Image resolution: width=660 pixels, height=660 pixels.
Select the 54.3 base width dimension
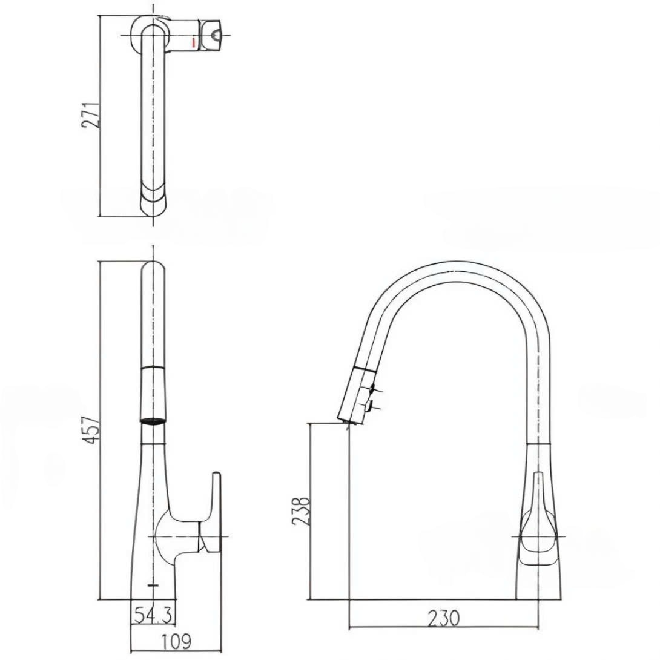coord(153,616)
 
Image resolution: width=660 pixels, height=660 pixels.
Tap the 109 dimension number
coord(177,640)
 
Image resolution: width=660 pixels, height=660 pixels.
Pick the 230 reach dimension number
coord(443,618)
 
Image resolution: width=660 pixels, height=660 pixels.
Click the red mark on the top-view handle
coord(193,42)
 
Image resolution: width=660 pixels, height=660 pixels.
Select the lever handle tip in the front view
coord(216,478)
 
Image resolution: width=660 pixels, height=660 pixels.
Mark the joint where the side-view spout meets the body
coord(538,444)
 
